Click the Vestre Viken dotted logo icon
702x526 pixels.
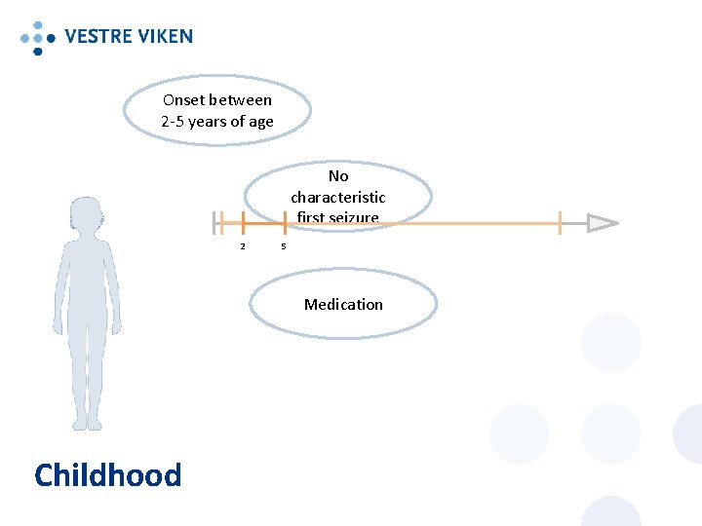tap(38, 37)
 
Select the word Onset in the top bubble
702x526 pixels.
tap(183, 100)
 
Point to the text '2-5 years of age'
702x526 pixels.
tap(217, 122)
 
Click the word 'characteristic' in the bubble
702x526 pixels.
tap(338, 198)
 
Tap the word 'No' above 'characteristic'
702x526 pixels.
tap(338, 176)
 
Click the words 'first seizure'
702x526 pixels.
tap(338, 217)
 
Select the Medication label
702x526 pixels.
tap(343, 305)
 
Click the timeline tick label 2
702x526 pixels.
tap(243, 245)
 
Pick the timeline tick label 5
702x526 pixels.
tap(284, 245)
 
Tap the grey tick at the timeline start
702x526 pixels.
tap(216, 223)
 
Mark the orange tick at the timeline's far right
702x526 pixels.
tap(561, 223)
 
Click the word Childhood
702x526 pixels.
tap(107, 475)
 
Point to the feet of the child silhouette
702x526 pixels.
tap(87, 422)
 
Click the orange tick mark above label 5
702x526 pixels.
tap(285, 223)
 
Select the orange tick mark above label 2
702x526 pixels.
tap(243, 223)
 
